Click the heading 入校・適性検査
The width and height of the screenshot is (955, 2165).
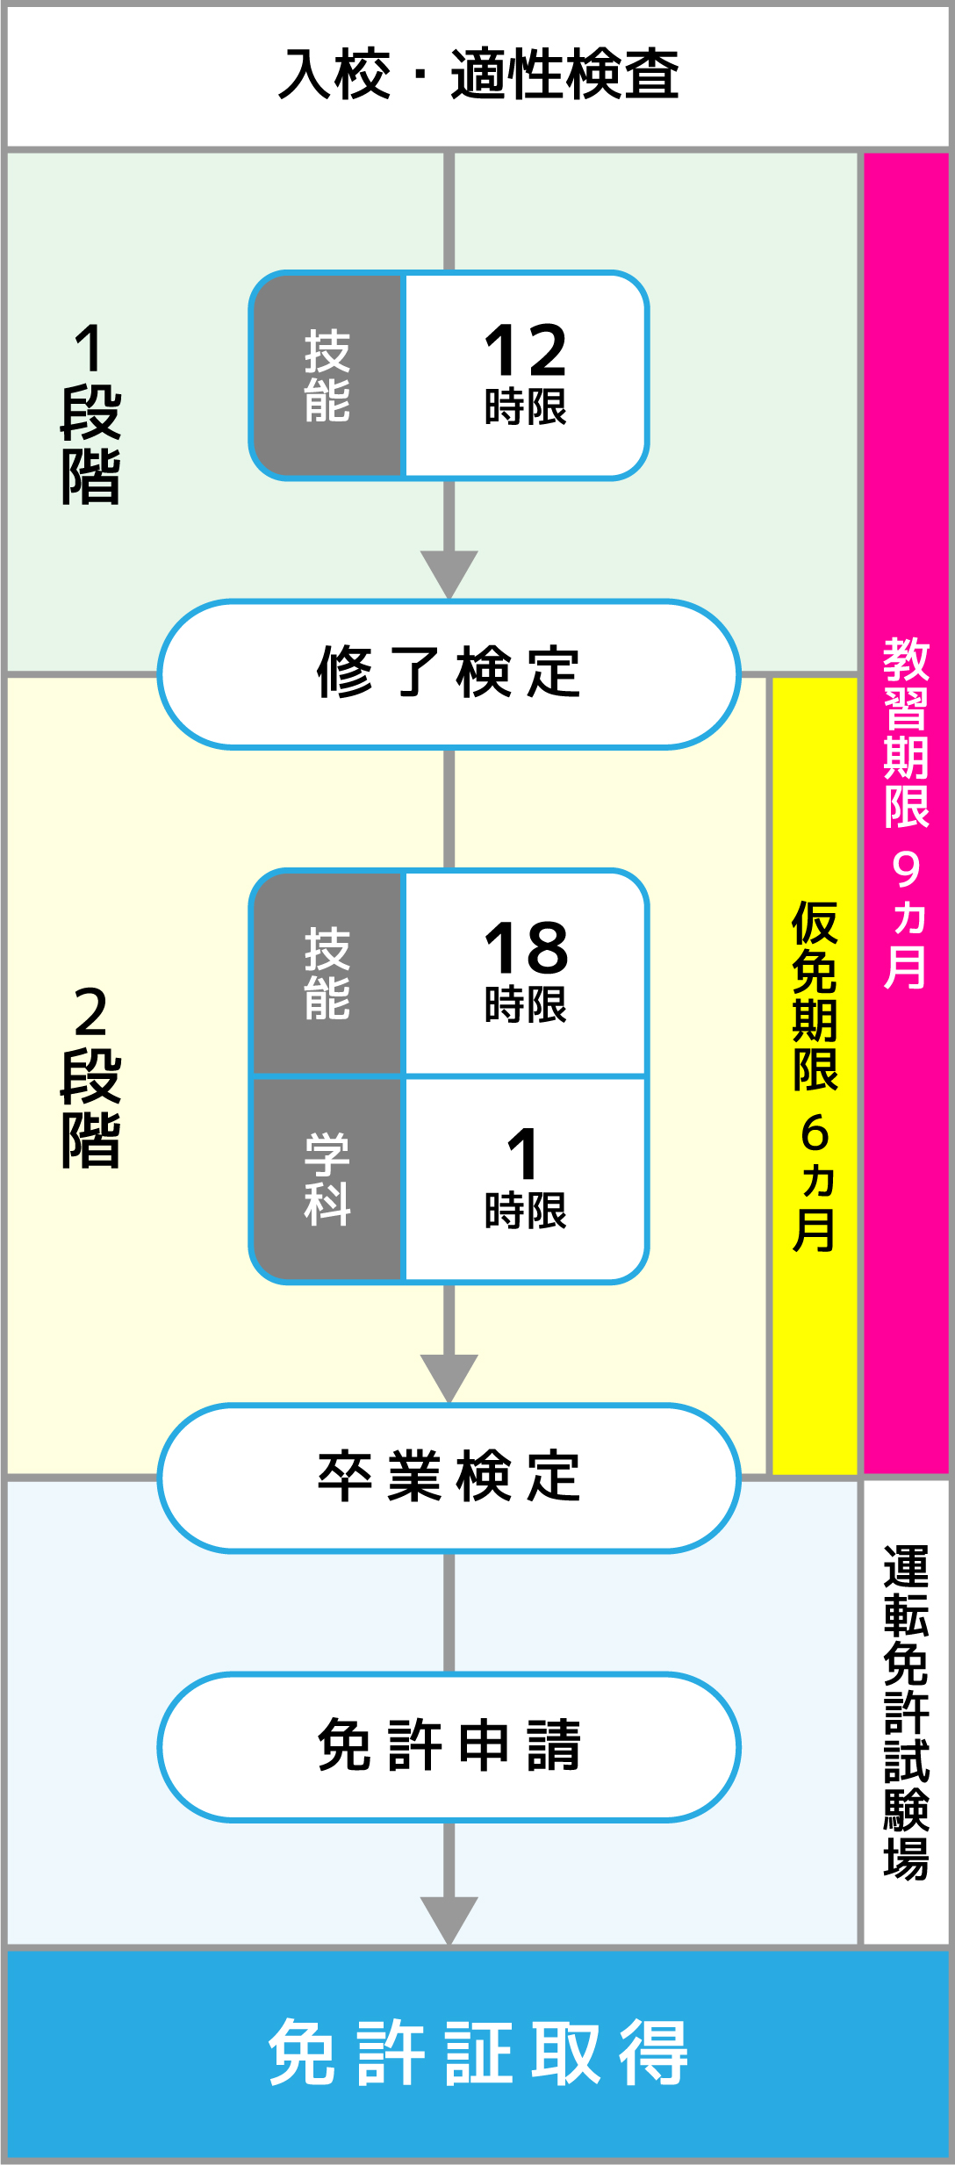pos(478,75)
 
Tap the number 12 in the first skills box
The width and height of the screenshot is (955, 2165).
pos(526,349)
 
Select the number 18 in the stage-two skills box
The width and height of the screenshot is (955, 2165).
pos(526,948)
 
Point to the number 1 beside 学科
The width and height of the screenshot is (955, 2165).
pos(523,1154)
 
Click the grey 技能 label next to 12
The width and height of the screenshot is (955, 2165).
pos(327,376)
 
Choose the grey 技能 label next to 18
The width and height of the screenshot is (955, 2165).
pos(327,974)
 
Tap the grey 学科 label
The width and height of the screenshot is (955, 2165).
pos(327,1179)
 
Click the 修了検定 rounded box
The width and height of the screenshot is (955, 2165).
pos(449,674)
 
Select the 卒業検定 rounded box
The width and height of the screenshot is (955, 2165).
pos(449,1477)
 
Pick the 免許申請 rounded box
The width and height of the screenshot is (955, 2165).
pos(449,1746)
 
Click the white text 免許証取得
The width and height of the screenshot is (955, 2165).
pos(478,2052)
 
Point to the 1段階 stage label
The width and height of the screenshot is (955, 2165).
pos(90,413)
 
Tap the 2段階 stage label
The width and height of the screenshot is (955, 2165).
pos(90,1076)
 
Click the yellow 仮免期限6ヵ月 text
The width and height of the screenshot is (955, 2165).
pos(815,1076)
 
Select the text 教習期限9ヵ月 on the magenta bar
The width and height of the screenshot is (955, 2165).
pos(906,813)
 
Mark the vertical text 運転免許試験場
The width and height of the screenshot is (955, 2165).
pos(906,1712)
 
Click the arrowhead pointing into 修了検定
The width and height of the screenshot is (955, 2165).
pos(449,574)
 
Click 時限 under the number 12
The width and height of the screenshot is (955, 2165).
pos(526,407)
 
